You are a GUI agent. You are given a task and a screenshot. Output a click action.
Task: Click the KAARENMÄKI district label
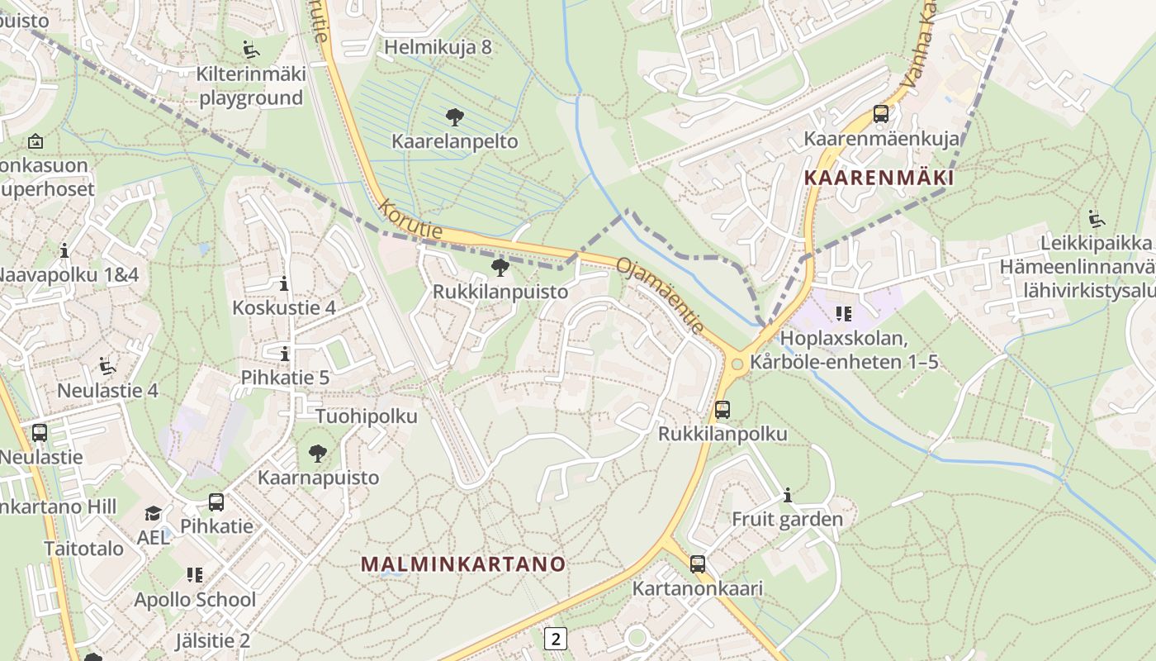coord(879,178)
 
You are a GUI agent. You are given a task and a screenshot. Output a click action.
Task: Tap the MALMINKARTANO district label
coord(463,564)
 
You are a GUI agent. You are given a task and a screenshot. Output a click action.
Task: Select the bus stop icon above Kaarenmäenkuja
coord(881,114)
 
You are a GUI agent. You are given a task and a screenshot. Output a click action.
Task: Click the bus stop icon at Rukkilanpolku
coord(722,409)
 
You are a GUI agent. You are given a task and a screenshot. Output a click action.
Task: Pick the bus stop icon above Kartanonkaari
coord(698,564)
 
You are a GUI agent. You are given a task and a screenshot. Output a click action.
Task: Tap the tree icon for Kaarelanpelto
coord(454,117)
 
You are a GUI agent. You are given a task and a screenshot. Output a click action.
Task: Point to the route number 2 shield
coord(557,638)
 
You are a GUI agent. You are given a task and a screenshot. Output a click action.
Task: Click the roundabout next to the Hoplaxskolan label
coord(736,364)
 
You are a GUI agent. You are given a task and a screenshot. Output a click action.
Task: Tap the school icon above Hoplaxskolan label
coord(843,313)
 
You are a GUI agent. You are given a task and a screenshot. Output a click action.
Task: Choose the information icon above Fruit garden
coord(787,495)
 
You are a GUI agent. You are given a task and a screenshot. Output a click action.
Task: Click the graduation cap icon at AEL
coord(153,514)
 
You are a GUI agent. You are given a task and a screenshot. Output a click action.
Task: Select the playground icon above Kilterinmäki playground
coord(251,50)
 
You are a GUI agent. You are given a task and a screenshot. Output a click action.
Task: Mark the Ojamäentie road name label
coord(661,295)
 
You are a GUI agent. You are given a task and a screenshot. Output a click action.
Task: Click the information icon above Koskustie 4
coord(284,284)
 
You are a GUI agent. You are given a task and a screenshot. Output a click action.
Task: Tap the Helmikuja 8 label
coord(438,47)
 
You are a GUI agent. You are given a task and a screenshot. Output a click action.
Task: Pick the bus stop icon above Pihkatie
coord(216,502)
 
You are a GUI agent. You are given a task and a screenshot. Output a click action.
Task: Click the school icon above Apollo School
coord(195,574)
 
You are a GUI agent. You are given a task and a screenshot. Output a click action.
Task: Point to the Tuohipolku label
coord(367,416)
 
